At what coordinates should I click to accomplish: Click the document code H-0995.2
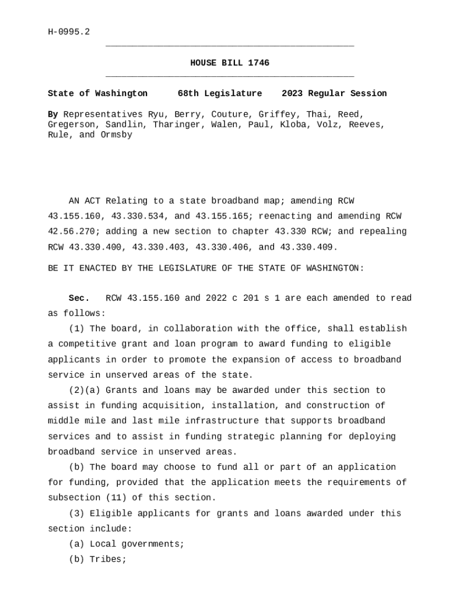[x=69, y=32]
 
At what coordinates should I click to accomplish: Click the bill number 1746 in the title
[x=258, y=63]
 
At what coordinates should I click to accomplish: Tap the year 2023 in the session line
[x=292, y=93]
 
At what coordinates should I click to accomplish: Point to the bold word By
[x=52, y=114]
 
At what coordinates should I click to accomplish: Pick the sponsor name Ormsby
[x=116, y=135]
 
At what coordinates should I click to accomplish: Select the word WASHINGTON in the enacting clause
[x=334, y=268]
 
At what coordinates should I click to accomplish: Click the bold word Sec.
[x=79, y=298]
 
